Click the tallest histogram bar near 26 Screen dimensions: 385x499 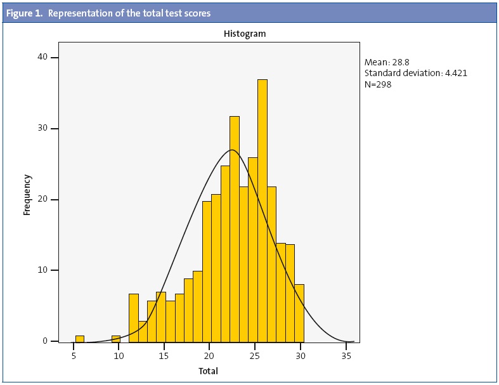[x=262, y=210]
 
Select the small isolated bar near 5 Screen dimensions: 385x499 [x=79, y=337]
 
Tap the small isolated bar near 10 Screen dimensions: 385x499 [x=116, y=337]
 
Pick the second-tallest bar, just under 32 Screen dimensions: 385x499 [x=235, y=228]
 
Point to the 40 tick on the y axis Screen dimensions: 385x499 [x=42, y=58]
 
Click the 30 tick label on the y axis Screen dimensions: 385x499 [x=42, y=129]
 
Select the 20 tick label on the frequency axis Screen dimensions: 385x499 [x=42, y=200]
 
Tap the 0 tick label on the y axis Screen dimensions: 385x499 [x=45, y=341]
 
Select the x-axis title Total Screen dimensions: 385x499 [x=208, y=370]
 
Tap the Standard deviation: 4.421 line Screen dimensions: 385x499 [x=416, y=73]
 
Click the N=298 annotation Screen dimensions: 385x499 [x=378, y=84]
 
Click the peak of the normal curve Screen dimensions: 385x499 [x=231, y=150]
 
